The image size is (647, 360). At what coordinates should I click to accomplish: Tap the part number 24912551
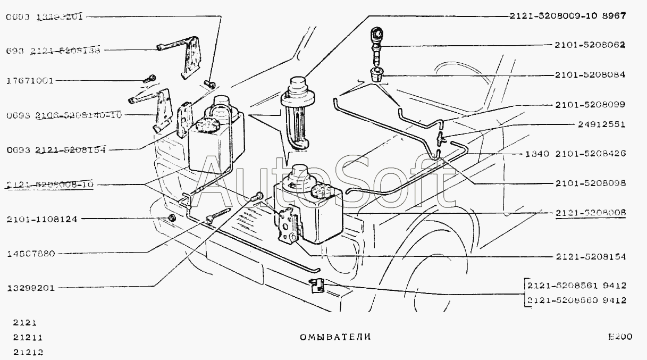[x=601, y=125]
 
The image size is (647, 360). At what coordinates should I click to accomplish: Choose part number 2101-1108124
[x=42, y=219]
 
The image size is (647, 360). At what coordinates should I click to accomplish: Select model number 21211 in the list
[x=28, y=337]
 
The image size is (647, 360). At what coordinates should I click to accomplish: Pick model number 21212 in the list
[x=28, y=351]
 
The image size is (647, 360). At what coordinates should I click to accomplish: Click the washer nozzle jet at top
[x=376, y=36]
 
